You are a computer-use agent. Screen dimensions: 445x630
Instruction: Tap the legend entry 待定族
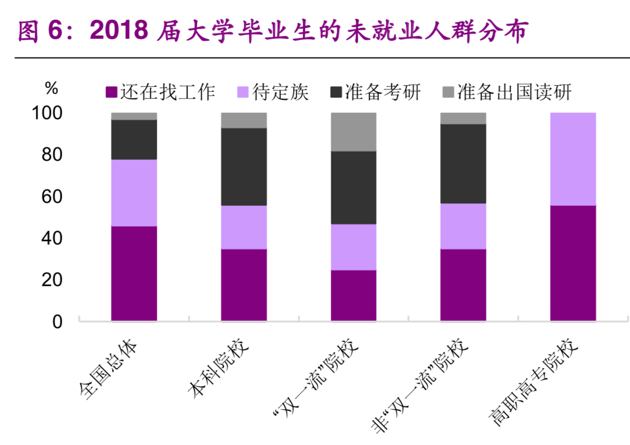273,92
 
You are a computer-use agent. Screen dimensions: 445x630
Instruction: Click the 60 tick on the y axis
53,197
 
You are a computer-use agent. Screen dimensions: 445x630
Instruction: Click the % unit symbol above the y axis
51,87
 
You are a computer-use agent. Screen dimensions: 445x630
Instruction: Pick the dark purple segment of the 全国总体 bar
134,273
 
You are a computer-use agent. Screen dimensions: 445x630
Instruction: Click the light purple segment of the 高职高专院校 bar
573,159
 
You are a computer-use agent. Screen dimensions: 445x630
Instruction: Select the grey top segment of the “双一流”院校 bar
353,132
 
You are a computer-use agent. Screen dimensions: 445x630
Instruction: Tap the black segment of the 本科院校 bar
244,166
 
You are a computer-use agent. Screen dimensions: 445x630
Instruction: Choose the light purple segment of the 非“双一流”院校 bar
463,226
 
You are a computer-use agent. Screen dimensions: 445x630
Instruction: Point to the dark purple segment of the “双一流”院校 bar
353,295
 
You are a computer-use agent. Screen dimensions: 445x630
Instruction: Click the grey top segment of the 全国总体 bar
134,116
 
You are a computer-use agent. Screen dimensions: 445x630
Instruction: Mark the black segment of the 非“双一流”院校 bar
463,164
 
